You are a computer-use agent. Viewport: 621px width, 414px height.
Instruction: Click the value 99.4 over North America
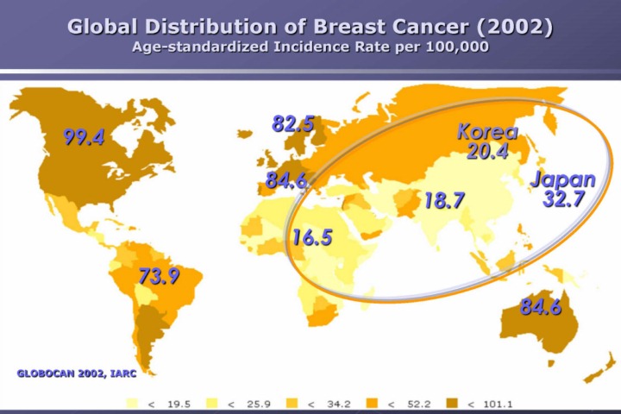tap(84, 137)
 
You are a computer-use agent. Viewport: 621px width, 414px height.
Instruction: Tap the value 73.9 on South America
tap(159, 277)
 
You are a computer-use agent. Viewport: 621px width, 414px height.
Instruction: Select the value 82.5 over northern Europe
tap(292, 124)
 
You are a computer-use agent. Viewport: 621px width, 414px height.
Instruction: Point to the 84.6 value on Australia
tap(541, 306)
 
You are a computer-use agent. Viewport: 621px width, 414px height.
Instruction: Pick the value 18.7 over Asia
tap(444, 202)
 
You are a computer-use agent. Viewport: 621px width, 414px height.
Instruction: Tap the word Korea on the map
tap(487, 132)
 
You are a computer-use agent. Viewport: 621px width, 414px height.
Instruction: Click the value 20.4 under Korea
tap(487, 152)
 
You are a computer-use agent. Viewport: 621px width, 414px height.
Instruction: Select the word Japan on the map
tap(562, 179)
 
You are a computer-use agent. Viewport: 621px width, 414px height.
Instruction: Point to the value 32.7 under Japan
tap(564, 199)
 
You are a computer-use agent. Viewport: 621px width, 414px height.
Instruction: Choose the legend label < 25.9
tap(245, 403)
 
